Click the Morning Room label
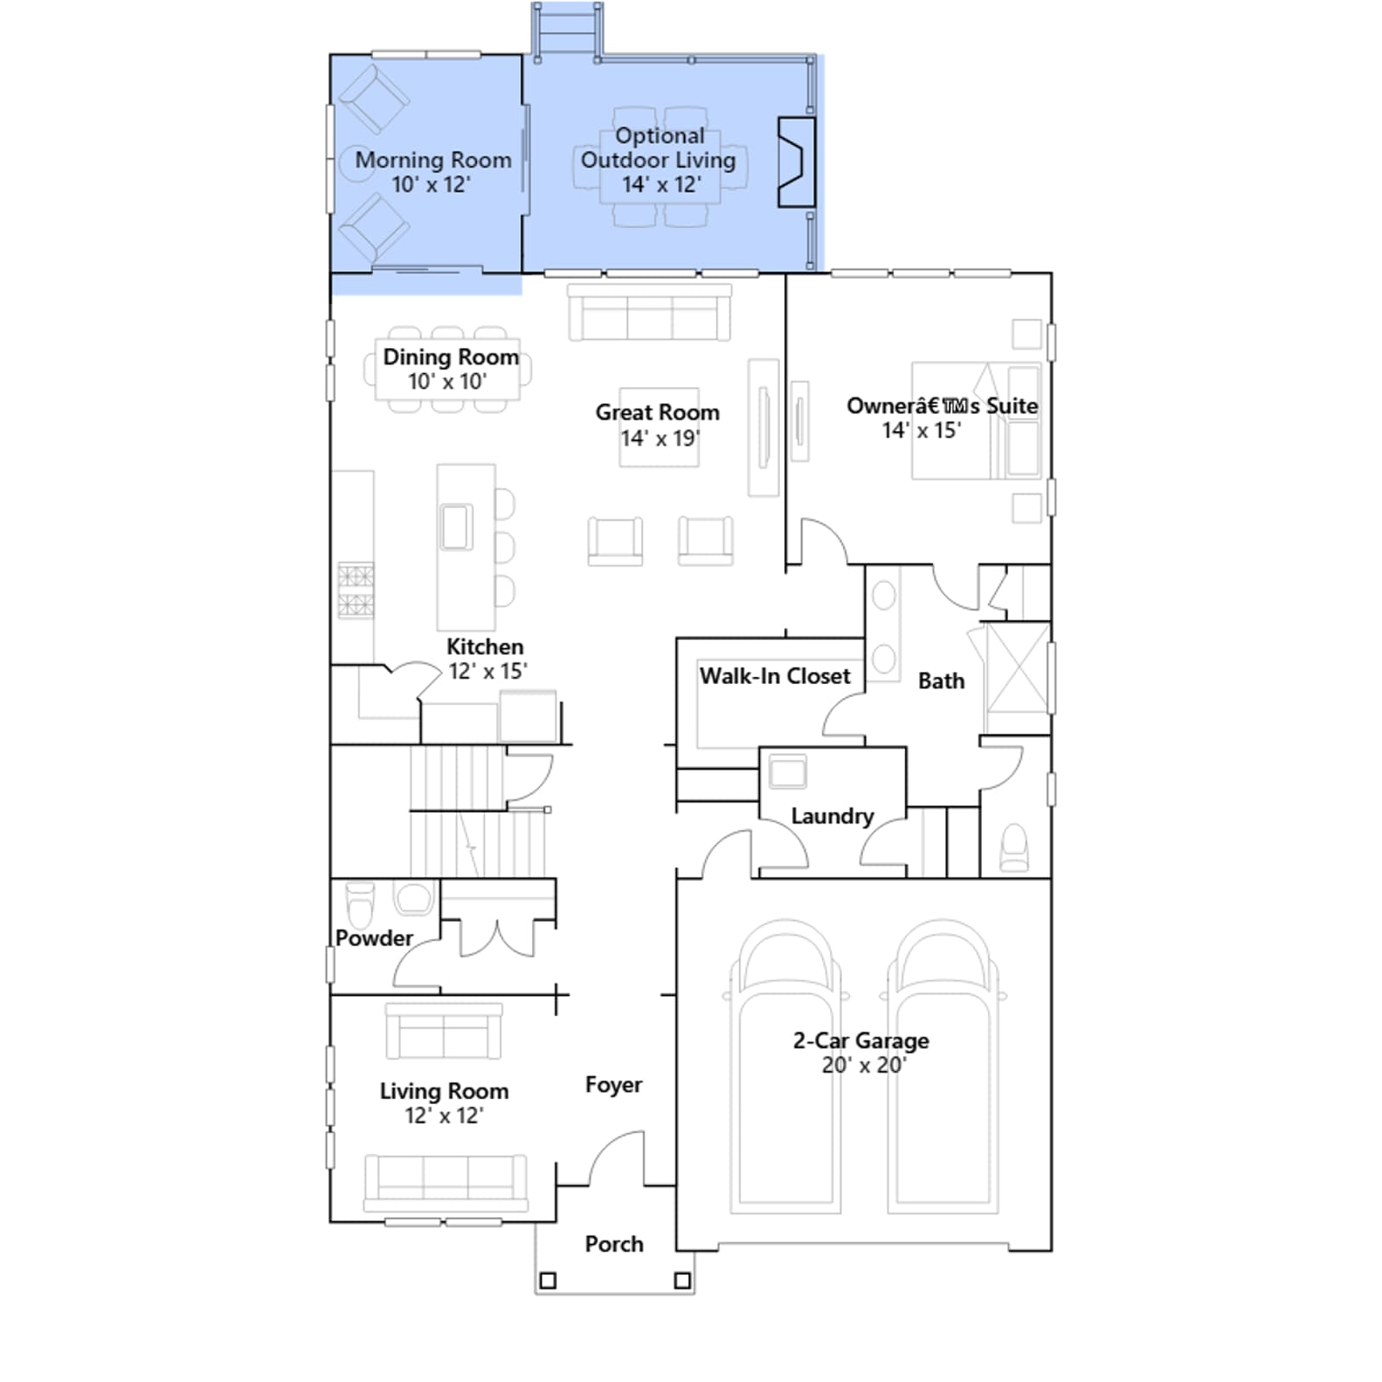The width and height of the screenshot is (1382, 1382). tap(434, 161)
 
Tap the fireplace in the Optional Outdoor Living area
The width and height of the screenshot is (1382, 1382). tap(796, 162)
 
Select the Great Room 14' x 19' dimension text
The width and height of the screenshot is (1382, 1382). tap(660, 439)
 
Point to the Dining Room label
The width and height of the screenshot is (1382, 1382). tap(451, 357)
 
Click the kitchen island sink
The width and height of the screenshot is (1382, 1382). tap(457, 527)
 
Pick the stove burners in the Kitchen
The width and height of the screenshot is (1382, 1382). tap(356, 591)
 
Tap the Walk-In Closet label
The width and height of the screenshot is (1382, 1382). tap(775, 676)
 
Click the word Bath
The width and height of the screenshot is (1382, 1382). tap(941, 681)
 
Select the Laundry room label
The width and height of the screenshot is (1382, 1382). tap(833, 816)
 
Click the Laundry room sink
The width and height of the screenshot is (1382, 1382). tap(788, 771)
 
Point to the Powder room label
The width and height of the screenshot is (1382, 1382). tap(374, 938)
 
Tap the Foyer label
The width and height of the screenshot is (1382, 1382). tap(613, 1086)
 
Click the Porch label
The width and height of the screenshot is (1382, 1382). tap(614, 1245)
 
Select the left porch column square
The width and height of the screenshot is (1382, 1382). tap(548, 1280)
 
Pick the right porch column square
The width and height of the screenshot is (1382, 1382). tap(682, 1280)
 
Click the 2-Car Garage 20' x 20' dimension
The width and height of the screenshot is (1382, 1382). tap(863, 1066)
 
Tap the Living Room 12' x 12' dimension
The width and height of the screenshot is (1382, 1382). tap(444, 1116)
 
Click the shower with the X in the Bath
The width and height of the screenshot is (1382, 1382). tap(1017, 667)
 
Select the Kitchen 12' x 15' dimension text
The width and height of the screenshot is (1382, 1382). tap(488, 671)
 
